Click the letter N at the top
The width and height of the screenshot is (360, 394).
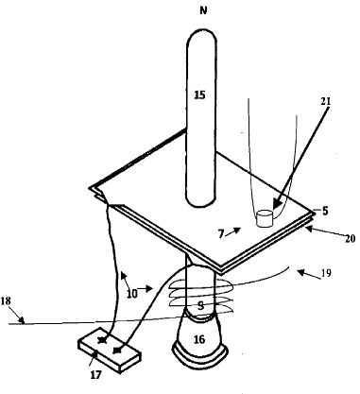point(203,10)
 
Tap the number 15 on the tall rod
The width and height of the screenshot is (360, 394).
point(199,94)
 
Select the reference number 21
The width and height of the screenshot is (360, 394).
point(326,101)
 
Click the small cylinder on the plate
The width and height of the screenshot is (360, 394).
point(265,218)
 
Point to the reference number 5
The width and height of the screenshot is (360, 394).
point(325,211)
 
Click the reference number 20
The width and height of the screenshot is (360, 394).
point(350,239)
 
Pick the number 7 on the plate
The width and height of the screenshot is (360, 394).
point(221,234)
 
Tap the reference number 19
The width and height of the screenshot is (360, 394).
point(326,273)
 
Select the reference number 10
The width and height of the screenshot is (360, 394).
point(132,294)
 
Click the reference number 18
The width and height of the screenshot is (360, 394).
point(6,301)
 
